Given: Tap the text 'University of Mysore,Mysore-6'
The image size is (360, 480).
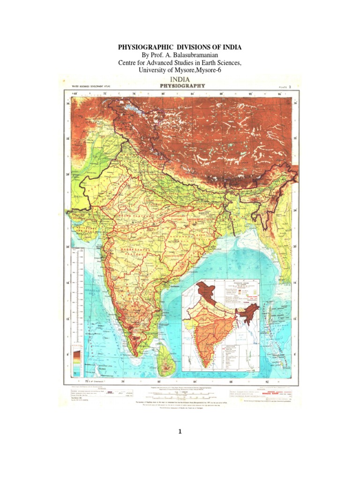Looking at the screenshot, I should (180, 70).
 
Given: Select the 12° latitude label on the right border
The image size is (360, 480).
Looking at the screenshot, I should (295, 319).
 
